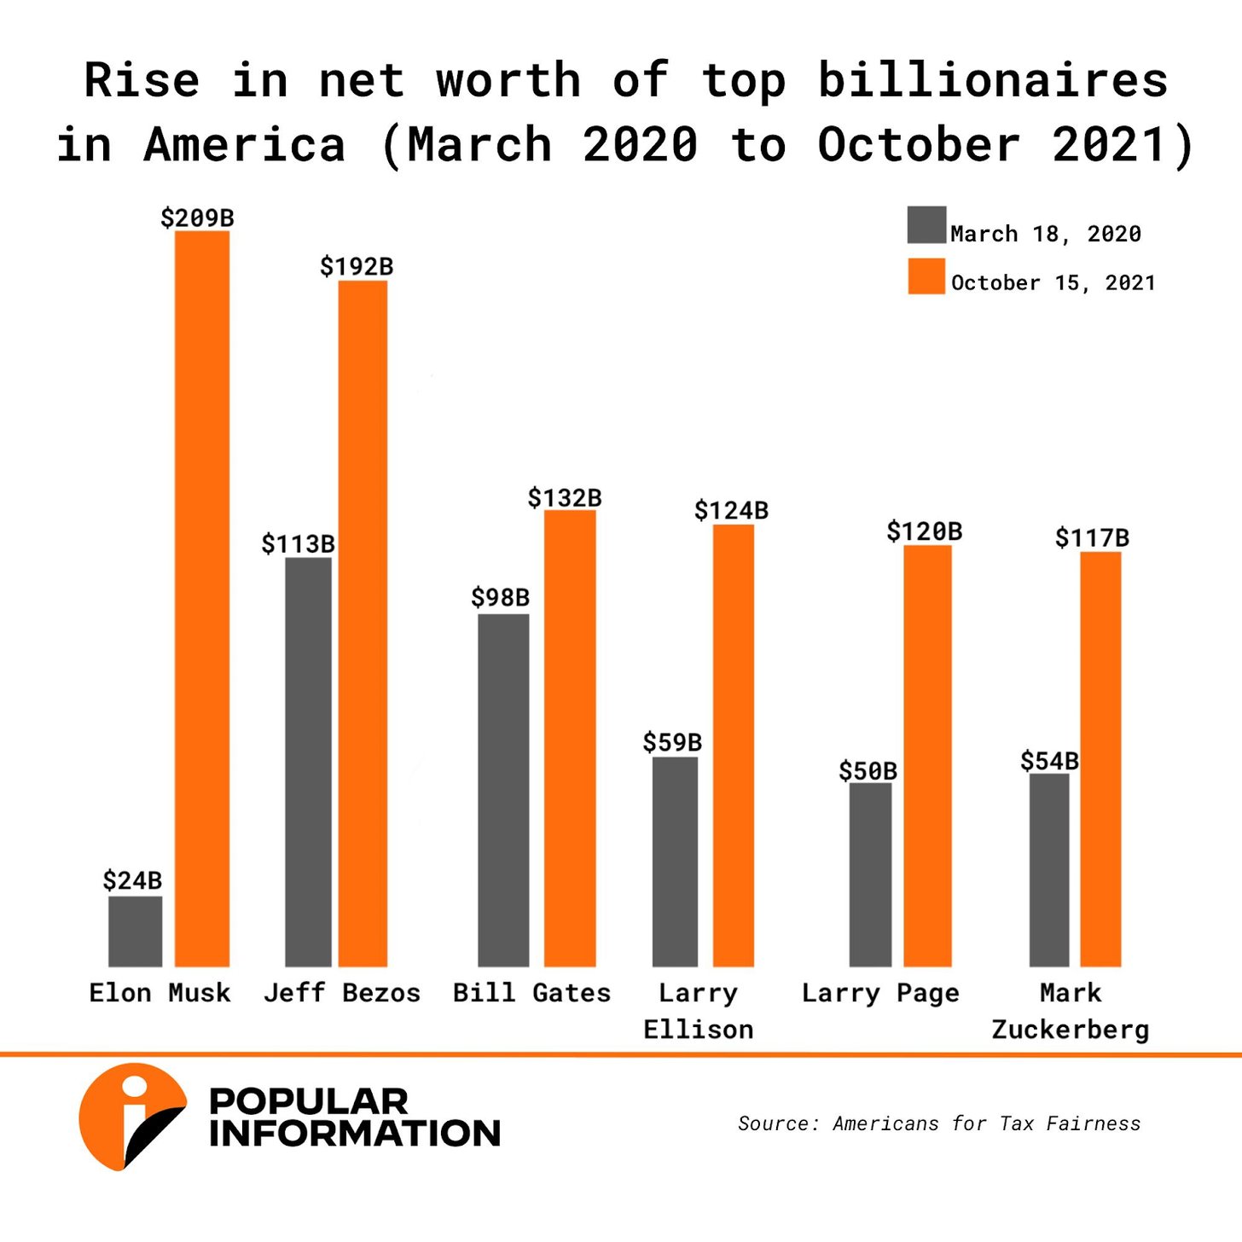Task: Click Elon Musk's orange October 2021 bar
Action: [202, 597]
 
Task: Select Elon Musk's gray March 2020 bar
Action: [135, 931]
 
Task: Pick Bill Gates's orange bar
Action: [570, 738]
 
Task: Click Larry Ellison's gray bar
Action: [675, 862]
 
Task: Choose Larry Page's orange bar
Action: [927, 755]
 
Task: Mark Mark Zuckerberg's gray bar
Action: [1048, 870]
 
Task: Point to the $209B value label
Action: [197, 218]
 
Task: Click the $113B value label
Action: [298, 543]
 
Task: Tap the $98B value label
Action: [500, 597]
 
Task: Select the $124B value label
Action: [731, 510]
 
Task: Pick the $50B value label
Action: [868, 771]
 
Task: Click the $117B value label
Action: [1092, 537]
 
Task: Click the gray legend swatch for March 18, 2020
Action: [926, 224]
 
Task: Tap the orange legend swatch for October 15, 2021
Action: [926, 276]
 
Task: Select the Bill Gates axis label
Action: [531, 993]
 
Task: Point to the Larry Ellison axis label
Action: [698, 1011]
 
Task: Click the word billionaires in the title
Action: [993, 81]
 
